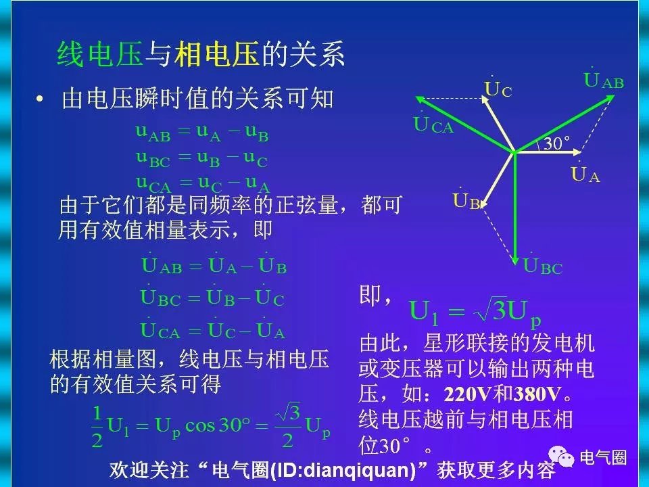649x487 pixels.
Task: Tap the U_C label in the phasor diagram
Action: click(498, 87)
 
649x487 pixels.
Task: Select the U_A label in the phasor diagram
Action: click(585, 172)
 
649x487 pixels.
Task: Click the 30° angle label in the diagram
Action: click(556, 143)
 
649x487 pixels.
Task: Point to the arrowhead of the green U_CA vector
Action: click(419, 99)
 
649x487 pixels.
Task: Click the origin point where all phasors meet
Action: click(514, 152)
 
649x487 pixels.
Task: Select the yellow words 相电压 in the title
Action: click(217, 54)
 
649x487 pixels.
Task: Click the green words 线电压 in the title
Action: click(99, 54)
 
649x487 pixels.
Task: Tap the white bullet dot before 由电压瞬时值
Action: click(40, 99)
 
